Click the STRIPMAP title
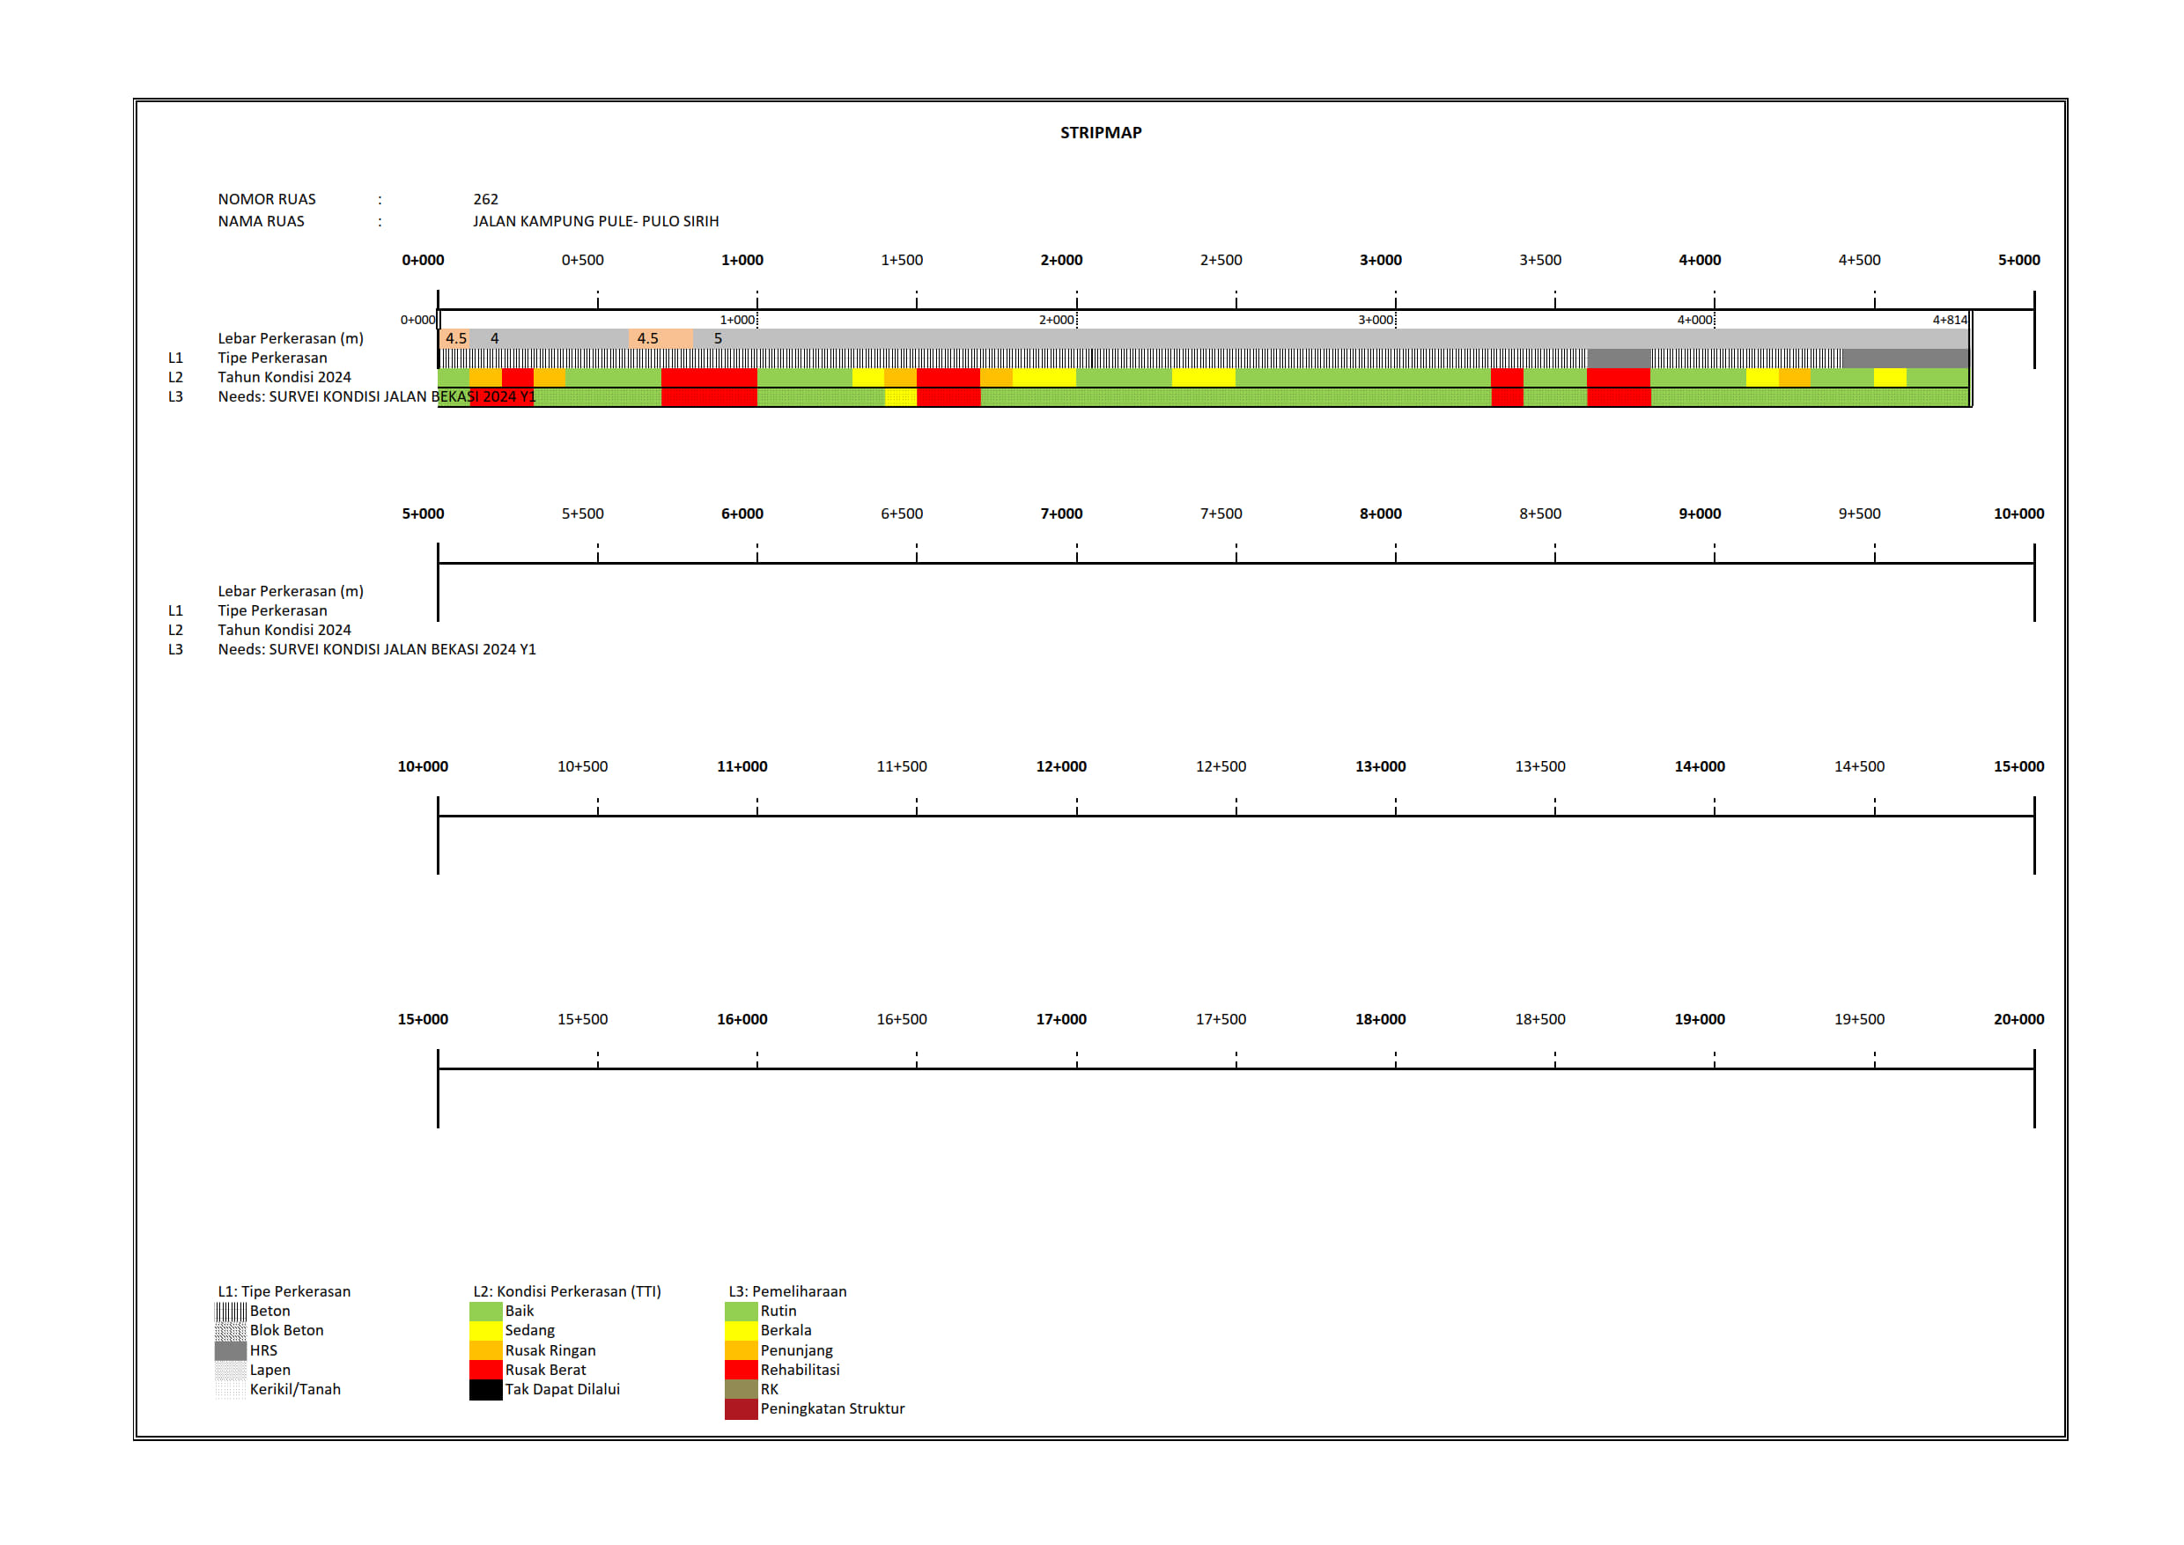pos(1101,133)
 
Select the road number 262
pos(485,199)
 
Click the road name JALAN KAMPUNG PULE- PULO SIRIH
pos(595,221)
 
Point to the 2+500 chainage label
pos(1221,260)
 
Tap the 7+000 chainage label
pos(1060,514)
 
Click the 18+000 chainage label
pos(1379,1019)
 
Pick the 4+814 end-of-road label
pos(1949,320)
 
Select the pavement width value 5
pos(719,338)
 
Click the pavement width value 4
pos(495,338)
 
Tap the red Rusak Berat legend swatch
pos(485,1369)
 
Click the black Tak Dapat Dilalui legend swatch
pos(485,1389)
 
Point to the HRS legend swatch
pos(230,1350)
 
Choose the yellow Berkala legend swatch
pos(740,1330)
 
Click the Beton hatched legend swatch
pos(230,1311)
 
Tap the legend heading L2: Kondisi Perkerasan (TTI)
pos(567,1291)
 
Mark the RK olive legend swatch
pos(740,1389)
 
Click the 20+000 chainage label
pos(2018,1019)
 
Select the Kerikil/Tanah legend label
pos(295,1389)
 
